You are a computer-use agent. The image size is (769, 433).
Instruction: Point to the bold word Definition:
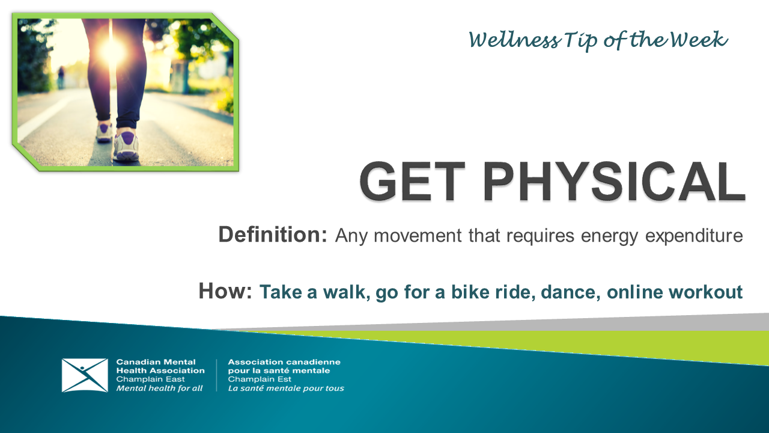pos(272,235)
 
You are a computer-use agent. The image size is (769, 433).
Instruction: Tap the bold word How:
pos(225,292)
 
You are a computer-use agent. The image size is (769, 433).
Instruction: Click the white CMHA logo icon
pos(85,375)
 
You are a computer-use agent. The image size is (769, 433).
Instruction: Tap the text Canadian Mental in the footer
pos(156,362)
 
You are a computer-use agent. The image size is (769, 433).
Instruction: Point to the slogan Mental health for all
pos(159,388)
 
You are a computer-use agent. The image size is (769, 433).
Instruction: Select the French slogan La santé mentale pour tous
pos(286,388)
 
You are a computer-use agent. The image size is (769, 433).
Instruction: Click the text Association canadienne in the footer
pos(284,362)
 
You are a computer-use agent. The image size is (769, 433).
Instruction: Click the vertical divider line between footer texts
pos(216,375)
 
